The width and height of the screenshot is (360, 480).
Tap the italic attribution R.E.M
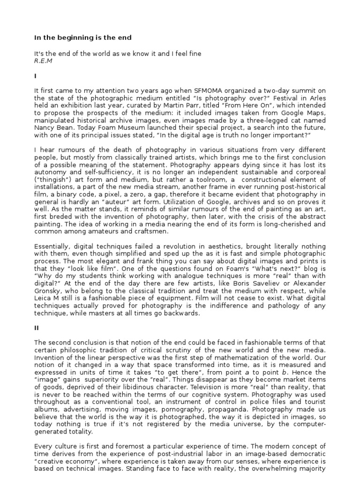click(43, 61)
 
